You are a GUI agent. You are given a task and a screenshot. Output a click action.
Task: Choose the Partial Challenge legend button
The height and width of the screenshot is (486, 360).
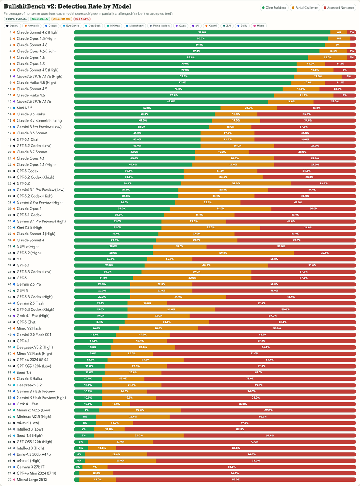(305, 7)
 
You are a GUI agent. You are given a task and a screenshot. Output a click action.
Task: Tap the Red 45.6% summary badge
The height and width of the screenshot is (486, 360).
(81, 19)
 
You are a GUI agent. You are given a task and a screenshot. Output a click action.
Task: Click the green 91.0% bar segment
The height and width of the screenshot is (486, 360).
(202, 32)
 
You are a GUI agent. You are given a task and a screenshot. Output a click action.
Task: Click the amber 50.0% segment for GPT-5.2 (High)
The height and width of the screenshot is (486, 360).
(223, 253)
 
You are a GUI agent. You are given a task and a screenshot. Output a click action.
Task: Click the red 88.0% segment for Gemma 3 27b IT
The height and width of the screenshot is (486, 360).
(232, 467)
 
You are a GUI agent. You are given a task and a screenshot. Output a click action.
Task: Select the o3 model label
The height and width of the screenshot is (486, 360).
(19, 259)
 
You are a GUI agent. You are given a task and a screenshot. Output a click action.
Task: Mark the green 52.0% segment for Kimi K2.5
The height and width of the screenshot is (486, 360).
(147, 108)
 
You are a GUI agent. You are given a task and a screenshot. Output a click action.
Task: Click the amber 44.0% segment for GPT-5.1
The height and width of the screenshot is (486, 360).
(206, 265)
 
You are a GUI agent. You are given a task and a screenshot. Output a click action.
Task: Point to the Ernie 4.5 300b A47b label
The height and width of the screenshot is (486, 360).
(34, 454)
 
